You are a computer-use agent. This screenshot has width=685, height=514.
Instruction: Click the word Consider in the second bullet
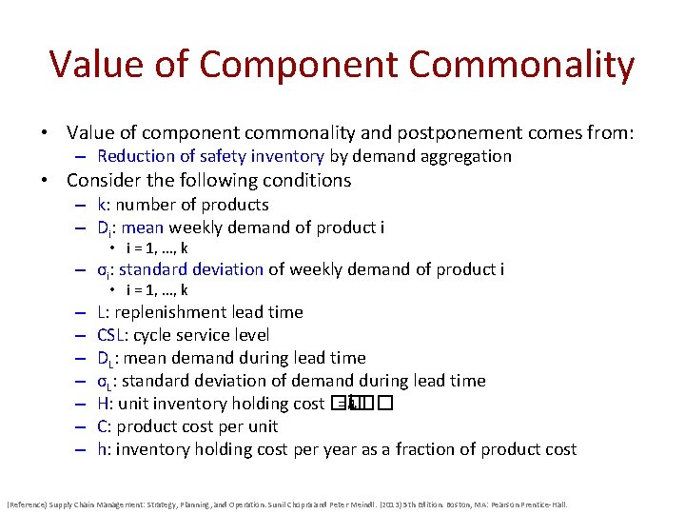tap(102, 181)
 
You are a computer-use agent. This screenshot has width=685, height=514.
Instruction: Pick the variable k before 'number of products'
tap(101, 205)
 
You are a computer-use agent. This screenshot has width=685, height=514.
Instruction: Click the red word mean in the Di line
tap(142, 227)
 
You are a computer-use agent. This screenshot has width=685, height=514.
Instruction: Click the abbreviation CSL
tap(112, 335)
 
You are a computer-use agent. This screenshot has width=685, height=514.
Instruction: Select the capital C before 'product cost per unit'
tap(102, 426)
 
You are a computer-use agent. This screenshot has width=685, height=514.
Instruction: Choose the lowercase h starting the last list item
tap(102, 449)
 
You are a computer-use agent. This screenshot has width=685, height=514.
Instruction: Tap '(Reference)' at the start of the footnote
tap(29, 504)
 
